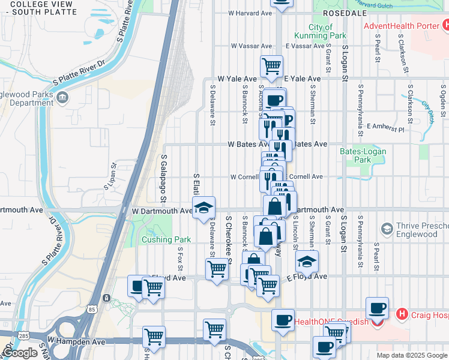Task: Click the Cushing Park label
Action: (166, 239)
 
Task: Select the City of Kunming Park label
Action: (321, 31)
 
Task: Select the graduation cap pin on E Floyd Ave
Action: (307, 261)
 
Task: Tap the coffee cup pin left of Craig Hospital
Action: (377, 308)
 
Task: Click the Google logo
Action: (20, 353)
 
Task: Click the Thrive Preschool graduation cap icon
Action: (387, 229)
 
